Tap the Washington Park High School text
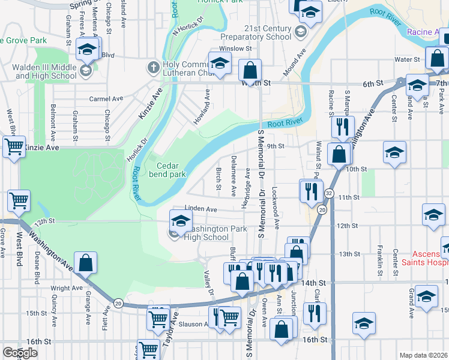coord(206,233)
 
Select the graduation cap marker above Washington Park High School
coord(180,220)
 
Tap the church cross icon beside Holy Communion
coord(154,66)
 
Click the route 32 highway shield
coord(329,193)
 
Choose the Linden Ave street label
coord(200,209)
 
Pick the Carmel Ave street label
coord(106,98)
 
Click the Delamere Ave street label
coord(234,176)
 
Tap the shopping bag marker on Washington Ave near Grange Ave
coord(86,263)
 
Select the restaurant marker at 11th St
coord(310,191)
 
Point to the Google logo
coord(20,353)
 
